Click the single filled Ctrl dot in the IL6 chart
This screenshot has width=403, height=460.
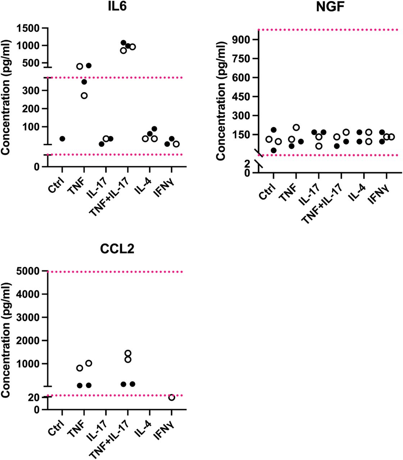62,139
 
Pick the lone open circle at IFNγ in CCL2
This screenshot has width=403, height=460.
172,397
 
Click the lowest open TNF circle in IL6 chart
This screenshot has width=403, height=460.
84,96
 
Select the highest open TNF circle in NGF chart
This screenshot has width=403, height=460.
296,127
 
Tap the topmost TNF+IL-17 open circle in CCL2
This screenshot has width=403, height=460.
128,353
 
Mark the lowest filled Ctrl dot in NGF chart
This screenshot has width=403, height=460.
274,150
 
